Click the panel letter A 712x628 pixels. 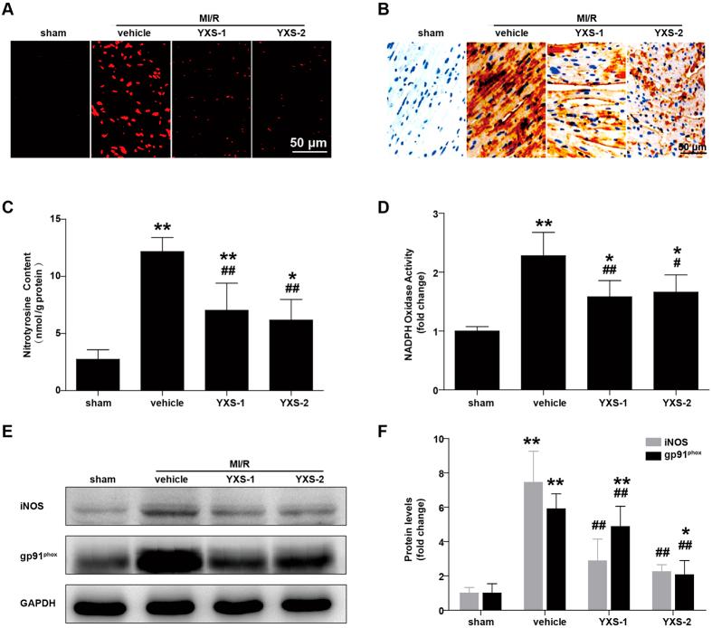13,12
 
